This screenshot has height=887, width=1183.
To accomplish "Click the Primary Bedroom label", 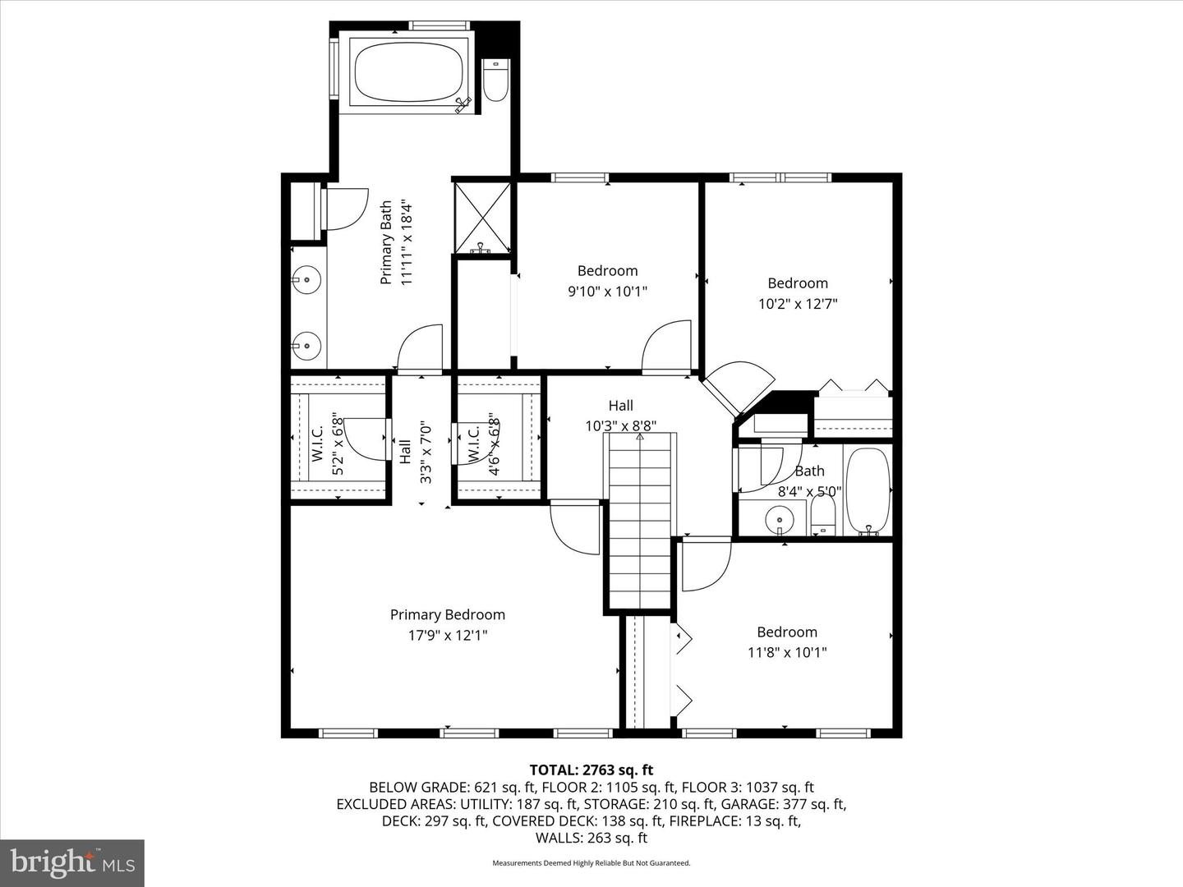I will click(x=447, y=614).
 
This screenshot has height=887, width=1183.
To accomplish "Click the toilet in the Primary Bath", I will click(x=495, y=82).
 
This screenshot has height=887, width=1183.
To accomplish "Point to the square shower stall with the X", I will click(x=482, y=218).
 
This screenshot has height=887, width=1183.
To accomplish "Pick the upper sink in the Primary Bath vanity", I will click(x=306, y=280).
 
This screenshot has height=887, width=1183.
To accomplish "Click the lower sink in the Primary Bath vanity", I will click(x=306, y=346).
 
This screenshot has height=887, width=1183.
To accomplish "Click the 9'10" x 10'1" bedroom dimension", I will click(x=607, y=291).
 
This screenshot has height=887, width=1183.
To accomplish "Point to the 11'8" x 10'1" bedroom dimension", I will click(x=786, y=652).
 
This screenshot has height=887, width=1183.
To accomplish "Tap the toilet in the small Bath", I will click(x=822, y=518).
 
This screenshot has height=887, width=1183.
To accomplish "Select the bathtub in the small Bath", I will click(x=868, y=491).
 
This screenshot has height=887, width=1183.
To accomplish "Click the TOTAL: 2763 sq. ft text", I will click(x=591, y=770).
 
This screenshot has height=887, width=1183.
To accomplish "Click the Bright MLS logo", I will click(x=71, y=862).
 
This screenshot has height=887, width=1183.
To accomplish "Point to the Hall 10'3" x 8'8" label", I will click(x=621, y=416).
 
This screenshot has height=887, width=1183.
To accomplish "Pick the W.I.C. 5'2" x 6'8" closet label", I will click(x=326, y=443).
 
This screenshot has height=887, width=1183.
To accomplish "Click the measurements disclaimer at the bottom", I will click(x=591, y=863).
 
